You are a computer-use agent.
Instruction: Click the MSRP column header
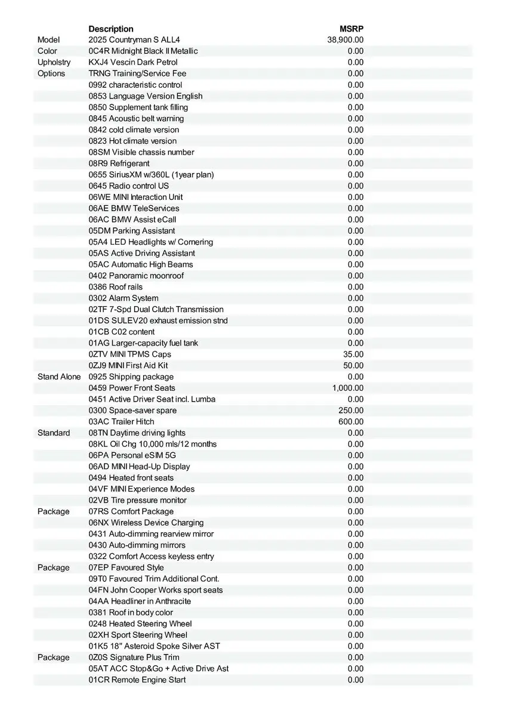[x=351, y=29]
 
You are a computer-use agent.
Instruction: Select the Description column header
[x=111, y=29]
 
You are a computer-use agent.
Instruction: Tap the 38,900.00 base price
[x=345, y=40]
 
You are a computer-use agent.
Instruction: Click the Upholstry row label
[x=54, y=62]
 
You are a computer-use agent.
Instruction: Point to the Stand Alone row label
[x=59, y=376]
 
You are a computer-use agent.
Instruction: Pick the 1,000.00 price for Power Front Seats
[x=348, y=388]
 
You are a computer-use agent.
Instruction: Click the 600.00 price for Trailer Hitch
[x=351, y=421]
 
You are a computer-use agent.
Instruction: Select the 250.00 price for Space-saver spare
[x=351, y=411]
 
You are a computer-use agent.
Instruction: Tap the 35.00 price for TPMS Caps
[x=353, y=354]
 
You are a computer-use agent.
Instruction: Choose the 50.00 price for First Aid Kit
[x=353, y=365]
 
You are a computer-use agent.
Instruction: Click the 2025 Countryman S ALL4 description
[x=134, y=40]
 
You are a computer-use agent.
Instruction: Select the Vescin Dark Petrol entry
[x=133, y=62]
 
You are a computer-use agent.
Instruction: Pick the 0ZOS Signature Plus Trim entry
[x=134, y=657]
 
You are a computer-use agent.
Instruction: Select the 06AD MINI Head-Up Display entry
[x=140, y=467]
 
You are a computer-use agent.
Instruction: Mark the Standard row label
[x=54, y=433]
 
